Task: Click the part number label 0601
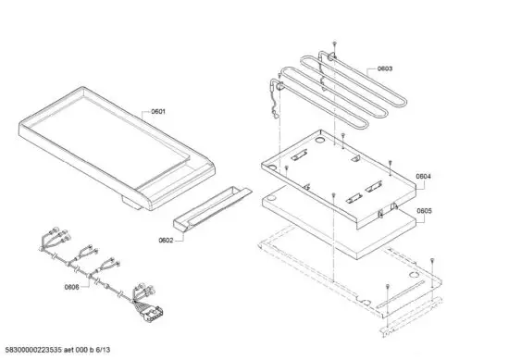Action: point(158,112)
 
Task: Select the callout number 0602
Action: point(166,240)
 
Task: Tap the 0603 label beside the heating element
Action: point(385,68)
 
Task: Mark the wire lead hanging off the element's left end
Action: point(274,102)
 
